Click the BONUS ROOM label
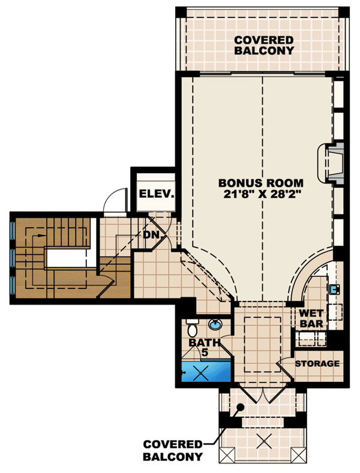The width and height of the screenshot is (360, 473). (x=260, y=183)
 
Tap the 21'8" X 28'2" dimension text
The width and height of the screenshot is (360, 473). (x=262, y=194)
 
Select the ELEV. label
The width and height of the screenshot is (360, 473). (x=157, y=194)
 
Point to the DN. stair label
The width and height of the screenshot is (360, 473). (x=153, y=234)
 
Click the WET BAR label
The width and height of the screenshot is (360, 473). (x=311, y=318)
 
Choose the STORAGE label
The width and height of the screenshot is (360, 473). (x=317, y=363)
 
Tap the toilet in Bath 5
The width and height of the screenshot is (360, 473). (x=192, y=328)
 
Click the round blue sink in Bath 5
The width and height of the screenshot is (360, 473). (x=215, y=325)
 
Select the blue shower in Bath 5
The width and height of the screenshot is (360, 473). (x=206, y=371)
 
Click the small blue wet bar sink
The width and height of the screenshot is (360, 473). (x=334, y=290)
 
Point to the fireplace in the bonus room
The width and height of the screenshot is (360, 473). (x=331, y=163)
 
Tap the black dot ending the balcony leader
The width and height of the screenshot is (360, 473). (x=240, y=407)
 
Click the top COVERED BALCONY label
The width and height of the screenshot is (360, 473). (x=264, y=45)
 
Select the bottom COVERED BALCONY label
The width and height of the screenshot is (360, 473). (x=173, y=450)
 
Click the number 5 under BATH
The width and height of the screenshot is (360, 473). (x=205, y=353)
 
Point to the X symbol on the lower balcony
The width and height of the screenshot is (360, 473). (x=264, y=441)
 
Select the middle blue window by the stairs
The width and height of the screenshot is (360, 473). (x=13, y=258)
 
